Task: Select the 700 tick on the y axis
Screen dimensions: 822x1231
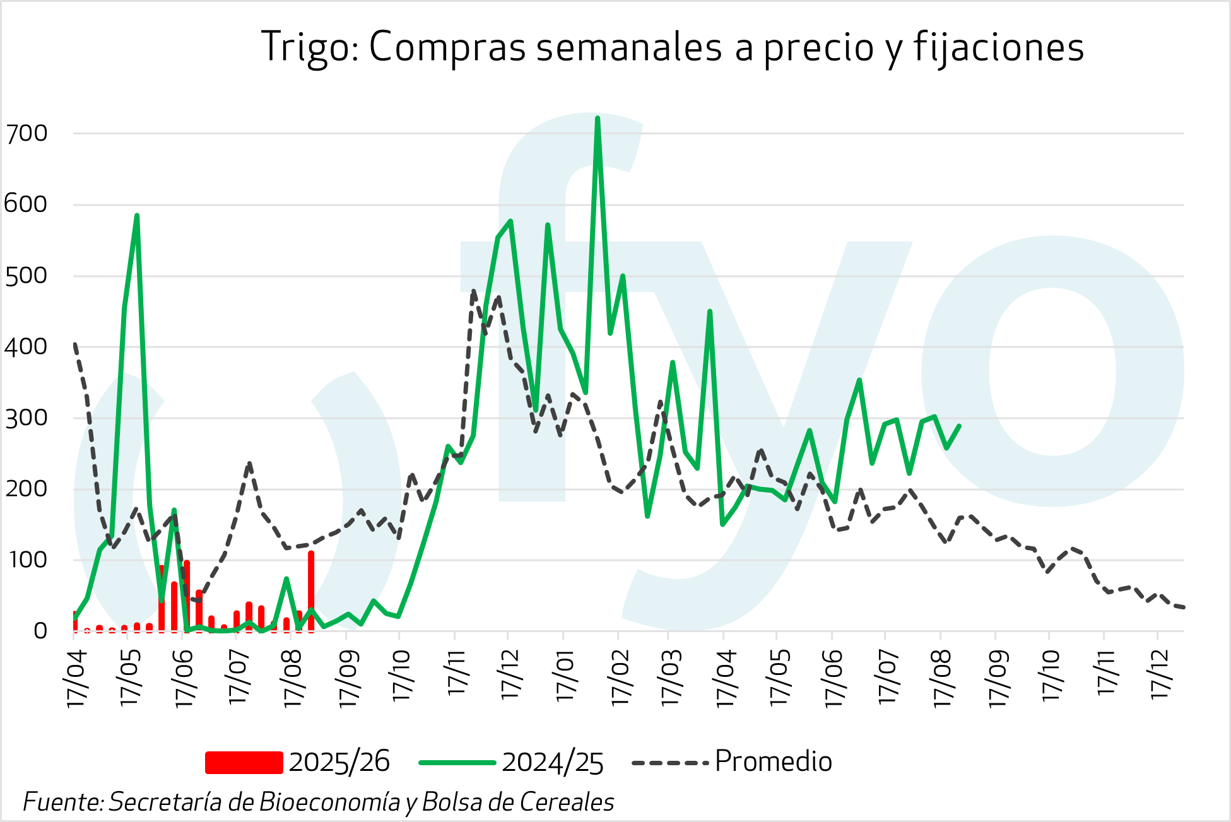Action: click(26, 134)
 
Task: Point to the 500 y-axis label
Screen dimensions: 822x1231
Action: click(26, 276)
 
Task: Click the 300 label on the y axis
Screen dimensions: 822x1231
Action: click(26, 418)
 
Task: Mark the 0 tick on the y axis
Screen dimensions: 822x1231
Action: click(40, 631)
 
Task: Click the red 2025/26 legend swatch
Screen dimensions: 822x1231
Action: click(244, 762)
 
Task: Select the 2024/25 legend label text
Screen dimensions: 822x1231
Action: click(553, 762)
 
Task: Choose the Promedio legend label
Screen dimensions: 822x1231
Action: click(773, 761)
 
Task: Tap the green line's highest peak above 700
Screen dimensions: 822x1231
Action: click(597, 118)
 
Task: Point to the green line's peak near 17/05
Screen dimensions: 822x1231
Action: click(136, 216)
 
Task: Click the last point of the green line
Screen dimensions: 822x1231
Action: click(959, 426)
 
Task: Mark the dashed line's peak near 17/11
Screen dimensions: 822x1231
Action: click(473, 291)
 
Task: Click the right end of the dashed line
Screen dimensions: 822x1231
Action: click(1184, 608)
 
